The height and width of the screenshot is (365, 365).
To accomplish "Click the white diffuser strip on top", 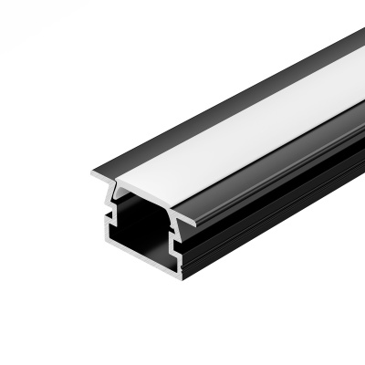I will pyautogui.click(x=237, y=128).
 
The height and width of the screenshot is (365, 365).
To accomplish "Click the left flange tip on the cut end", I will pyautogui.click(x=96, y=174).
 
